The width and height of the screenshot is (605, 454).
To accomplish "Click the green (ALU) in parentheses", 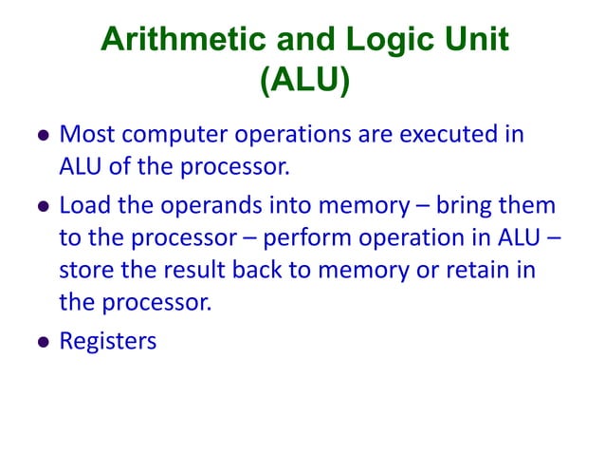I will (x=304, y=80).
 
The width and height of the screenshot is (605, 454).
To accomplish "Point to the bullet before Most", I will (x=42, y=136).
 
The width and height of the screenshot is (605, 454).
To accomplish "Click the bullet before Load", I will (x=42, y=206).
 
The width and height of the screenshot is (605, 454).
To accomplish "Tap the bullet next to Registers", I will (x=42, y=342).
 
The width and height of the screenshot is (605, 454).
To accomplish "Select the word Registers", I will (x=107, y=341).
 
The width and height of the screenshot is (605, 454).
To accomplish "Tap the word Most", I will (x=87, y=134).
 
